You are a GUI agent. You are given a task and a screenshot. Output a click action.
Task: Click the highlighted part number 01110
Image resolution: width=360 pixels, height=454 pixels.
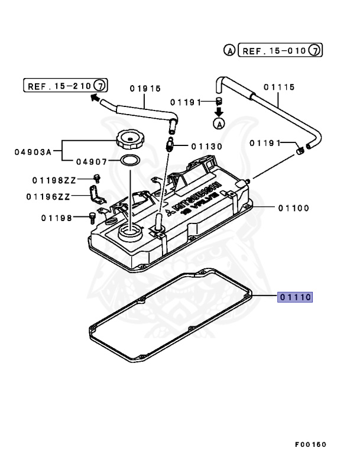(296, 297)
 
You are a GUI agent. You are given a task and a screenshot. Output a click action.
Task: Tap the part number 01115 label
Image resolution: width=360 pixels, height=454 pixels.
(279, 86)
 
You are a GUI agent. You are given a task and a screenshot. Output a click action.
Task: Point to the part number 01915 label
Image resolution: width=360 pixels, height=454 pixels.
(145, 89)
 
